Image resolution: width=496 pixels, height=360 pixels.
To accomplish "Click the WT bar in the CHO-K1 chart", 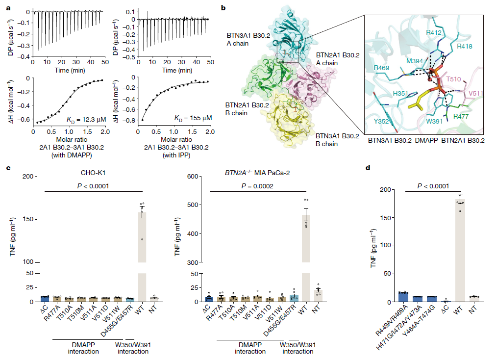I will pyautogui.click(x=141, y=235).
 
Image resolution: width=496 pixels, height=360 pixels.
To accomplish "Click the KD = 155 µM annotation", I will pyautogui.click(x=193, y=118).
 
